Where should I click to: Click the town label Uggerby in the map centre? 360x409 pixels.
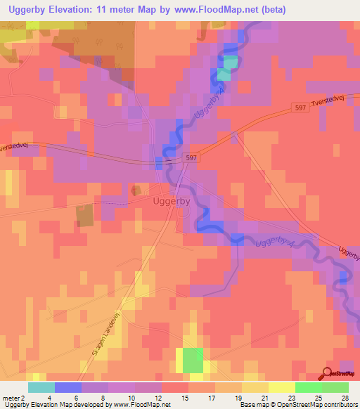pyautogui.click(x=172, y=201)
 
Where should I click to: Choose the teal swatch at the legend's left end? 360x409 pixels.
pyautogui.click(x=41, y=387)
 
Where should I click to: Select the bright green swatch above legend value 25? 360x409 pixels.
pyautogui.click(x=309, y=387)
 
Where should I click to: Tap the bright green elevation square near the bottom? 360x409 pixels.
pyautogui.click(x=193, y=361)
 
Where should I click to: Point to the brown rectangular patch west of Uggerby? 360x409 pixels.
pyautogui.click(x=84, y=216)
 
